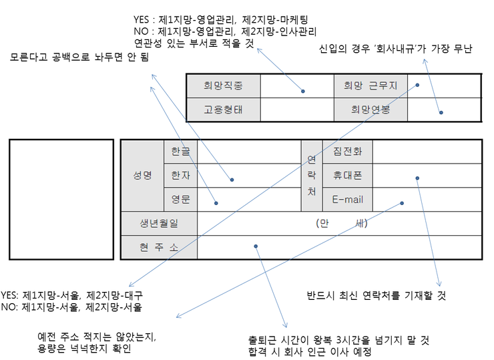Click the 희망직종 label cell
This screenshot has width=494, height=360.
coord(223,85)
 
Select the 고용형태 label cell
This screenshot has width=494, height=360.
coord(223,109)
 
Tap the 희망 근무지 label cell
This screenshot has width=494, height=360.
coord(370,85)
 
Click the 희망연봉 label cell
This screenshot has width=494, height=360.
coord(370,109)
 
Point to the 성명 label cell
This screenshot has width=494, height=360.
coord(142,175)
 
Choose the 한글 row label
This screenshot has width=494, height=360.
coord(180,152)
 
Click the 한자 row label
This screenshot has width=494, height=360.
coord(180,175)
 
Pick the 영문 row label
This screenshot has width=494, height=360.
coord(180,199)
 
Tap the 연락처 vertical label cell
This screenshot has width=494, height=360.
coord(311,175)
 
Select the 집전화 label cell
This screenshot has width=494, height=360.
coord(347,152)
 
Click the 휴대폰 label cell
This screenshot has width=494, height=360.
coord(347,175)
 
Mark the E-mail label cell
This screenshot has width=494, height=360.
coord(347,199)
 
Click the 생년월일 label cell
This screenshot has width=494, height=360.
coord(160,223)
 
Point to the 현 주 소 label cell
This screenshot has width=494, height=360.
coord(160,247)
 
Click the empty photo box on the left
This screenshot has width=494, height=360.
coord(61,199)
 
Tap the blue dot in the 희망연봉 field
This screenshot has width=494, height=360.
coord(441,113)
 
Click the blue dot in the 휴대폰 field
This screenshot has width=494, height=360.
coord(417,178)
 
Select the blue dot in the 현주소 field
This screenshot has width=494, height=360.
coord(256,246)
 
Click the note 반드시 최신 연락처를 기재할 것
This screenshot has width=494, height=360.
coord(376,295)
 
